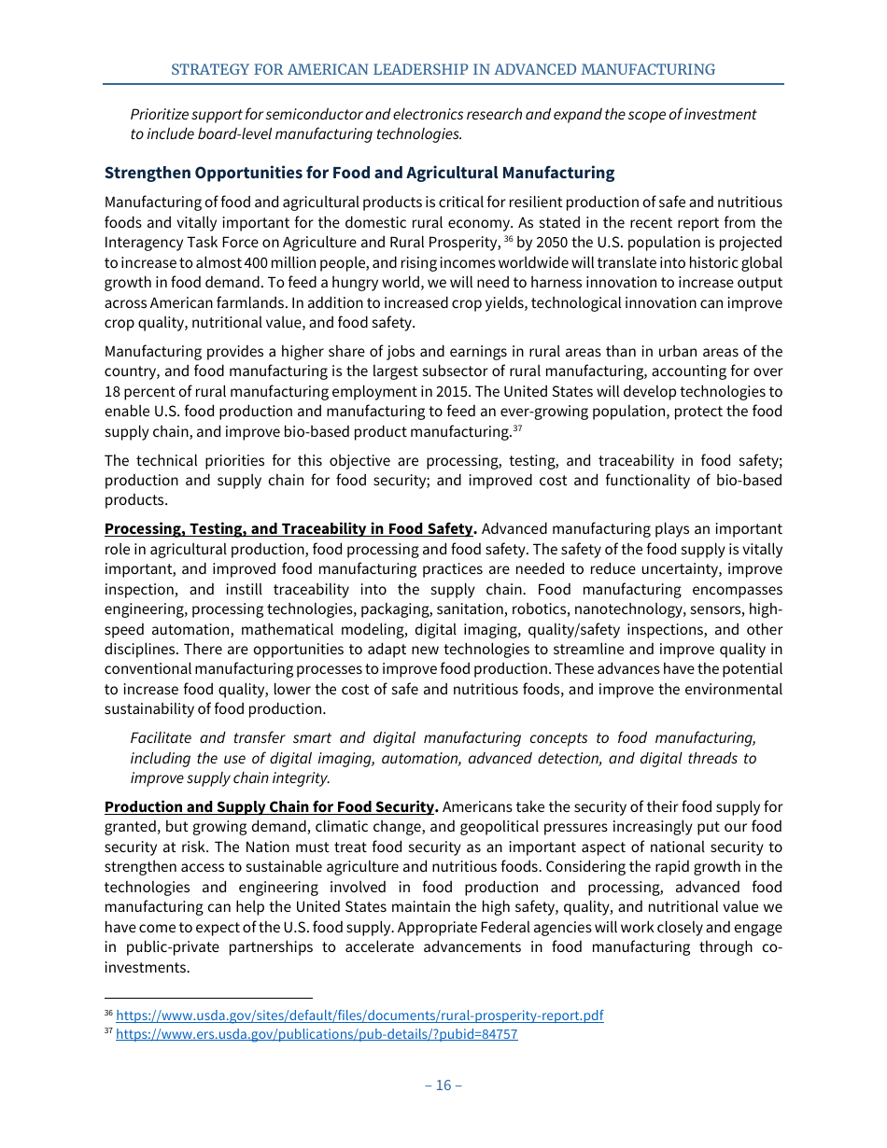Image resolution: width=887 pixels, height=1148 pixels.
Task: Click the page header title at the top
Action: [443, 70]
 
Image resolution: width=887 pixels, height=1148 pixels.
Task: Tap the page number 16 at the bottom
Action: [443, 1085]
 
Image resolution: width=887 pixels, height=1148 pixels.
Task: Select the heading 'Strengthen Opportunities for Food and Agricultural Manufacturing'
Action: [359, 173]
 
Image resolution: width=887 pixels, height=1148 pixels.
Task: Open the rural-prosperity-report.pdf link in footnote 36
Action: [359, 1015]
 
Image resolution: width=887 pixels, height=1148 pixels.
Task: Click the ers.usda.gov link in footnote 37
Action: [317, 1034]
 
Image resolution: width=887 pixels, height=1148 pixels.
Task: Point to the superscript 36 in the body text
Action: [508, 239]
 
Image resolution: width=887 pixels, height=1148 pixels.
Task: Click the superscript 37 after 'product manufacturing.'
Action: [517, 428]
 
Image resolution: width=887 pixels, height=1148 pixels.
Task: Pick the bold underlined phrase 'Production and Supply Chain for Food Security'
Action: [269, 806]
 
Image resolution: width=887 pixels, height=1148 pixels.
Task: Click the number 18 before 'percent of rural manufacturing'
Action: [113, 392]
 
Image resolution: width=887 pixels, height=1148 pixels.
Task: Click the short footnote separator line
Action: [208, 997]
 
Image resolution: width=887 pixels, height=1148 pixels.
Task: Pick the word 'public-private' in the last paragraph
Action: [165, 947]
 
